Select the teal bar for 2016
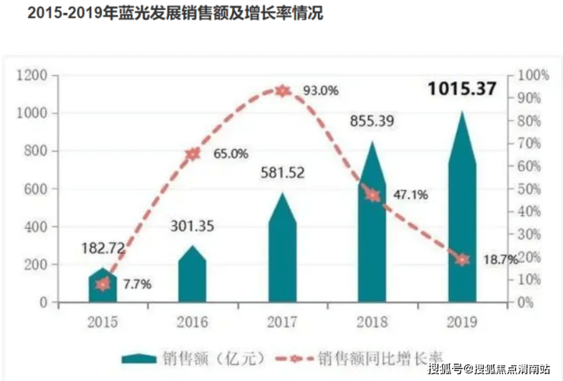192,278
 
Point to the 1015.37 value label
462,89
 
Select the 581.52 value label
282,173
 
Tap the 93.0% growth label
320,90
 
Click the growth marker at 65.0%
192,154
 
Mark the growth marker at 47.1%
372,195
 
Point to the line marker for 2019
462,259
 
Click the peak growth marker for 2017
282,90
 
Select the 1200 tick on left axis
32,75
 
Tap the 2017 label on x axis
282,322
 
